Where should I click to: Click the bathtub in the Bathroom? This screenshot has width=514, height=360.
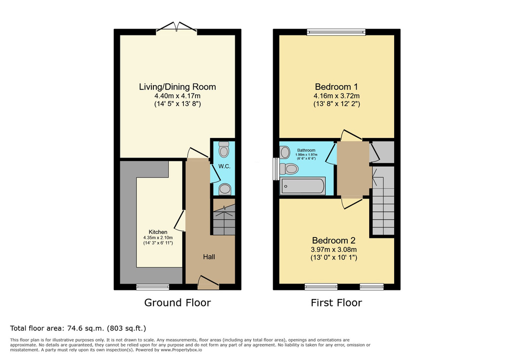tap(303, 185)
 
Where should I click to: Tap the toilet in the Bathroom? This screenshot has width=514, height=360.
tap(289, 169)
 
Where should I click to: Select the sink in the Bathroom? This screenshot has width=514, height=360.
tap(285, 152)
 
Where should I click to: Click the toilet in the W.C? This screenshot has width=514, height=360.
tap(224, 149)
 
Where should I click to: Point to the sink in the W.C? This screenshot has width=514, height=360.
tap(225, 189)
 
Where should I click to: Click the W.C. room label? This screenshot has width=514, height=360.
tap(224, 166)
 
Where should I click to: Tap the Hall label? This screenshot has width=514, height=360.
tap(209, 257)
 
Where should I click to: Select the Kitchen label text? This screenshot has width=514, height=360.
tap(158, 232)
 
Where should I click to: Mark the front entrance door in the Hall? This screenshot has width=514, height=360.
tap(208, 283)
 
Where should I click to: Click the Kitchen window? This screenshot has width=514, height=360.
tap(153, 287)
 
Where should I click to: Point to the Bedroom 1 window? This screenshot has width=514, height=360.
tap(336, 32)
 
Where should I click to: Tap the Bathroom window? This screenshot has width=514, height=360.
tap(276, 168)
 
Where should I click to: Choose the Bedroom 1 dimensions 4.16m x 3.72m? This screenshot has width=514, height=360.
tap(336, 96)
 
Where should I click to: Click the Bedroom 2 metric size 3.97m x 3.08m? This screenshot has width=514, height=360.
tap(334, 249)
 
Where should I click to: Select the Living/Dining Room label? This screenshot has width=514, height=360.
tap(177, 87)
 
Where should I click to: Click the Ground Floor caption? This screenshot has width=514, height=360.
tap(177, 302)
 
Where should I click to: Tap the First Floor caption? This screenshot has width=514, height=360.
tap(336, 302)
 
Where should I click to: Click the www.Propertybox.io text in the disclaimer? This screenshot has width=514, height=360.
tap(181, 350)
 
